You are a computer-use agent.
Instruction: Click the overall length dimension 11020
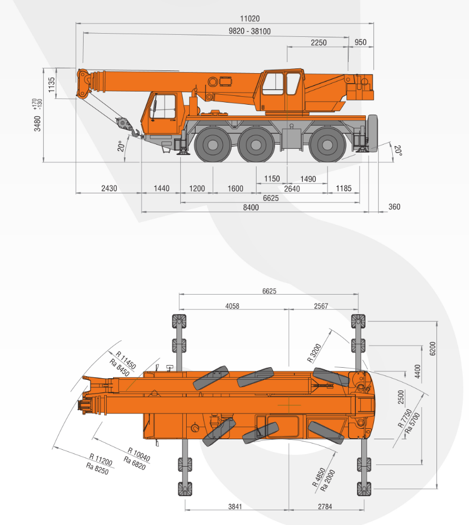tap(250, 18)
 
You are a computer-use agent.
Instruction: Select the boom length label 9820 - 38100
tap(250, 31)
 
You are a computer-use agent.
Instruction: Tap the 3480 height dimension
tap(37, 124)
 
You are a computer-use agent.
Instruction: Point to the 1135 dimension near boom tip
tap(51, 85)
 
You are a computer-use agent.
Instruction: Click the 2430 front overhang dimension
tap(109, 188)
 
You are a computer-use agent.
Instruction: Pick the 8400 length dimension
tap(251, 208)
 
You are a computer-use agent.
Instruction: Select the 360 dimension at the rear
tap(394, 207)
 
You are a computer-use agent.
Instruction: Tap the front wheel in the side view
tap(212, 145)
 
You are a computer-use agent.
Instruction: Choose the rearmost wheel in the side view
tap(328, 145)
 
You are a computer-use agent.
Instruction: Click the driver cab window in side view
tap(164, 106)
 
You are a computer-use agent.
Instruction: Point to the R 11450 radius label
tap(126, 360)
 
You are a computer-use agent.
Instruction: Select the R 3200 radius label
tap(314, 353)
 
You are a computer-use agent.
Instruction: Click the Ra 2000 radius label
tap(328, 480)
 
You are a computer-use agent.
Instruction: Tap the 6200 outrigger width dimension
tap(433, 349)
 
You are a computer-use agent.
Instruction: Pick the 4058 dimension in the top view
tap(232, 306)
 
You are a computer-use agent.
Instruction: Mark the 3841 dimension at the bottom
tap(235, 507)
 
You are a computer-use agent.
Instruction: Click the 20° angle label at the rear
tap(397, 150)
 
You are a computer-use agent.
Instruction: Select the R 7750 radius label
tap(405, 418)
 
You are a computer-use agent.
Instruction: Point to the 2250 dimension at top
tap(319, 43)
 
